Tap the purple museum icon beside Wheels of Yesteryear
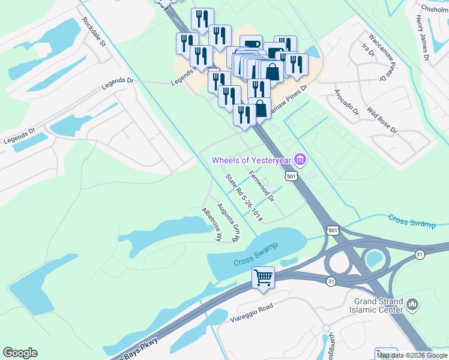coord(301,160)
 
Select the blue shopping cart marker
coord(263,278)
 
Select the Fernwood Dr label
coord(261,186)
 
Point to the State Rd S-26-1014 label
coord(244,196)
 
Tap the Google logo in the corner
coord(20,353)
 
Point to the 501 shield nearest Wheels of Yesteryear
coord(291,176)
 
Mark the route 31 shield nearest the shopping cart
coord(331,281)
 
